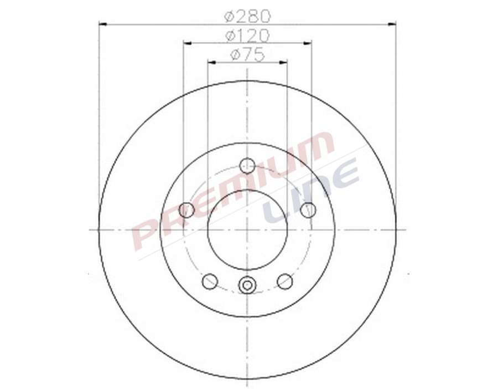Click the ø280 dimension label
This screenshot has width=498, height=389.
click(247, 16)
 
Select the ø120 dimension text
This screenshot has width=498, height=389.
click(247, 35)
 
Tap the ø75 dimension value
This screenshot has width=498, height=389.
click(247, 54)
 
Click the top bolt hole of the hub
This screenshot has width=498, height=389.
click(247, 165)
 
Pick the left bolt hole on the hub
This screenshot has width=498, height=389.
click(187, 210)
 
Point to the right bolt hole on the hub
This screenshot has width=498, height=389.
click(308, 210)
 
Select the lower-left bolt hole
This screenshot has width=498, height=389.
click(210, 281)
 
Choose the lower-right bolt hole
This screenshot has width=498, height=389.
click(285, 281)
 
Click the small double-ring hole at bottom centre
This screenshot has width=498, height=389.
click(247, 285)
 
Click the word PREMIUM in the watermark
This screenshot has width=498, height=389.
click(232, 188)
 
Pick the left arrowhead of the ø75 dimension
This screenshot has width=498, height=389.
click(211, 62)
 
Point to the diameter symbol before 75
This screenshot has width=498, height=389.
click(235, 54)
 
